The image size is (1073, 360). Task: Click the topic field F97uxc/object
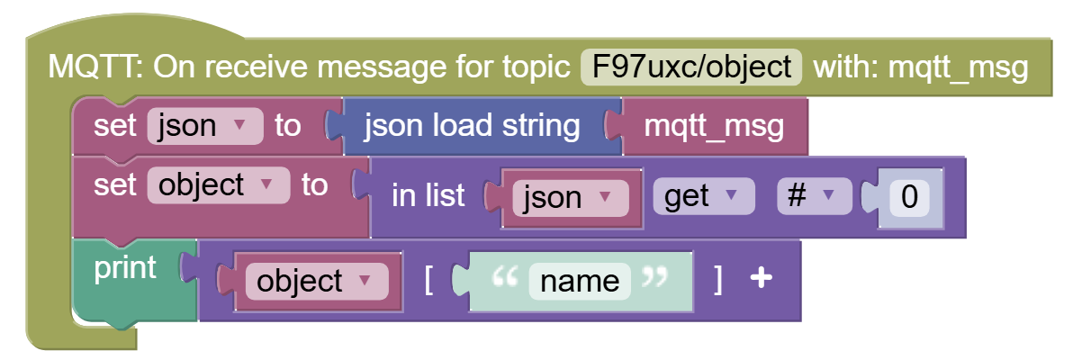point(691,67)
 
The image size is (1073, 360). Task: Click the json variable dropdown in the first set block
point(205,126)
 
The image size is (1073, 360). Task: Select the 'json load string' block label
point(473,126)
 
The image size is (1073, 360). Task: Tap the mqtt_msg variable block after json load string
point(715,127)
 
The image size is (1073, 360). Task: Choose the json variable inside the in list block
point(571,198)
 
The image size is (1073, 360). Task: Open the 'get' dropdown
point(704,196)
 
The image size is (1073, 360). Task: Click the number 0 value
point(909,197)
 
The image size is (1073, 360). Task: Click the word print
point(125,268)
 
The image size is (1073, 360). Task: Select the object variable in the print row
point(317,281)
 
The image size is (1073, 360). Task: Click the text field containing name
point(580,281)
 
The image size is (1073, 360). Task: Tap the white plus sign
point(761,277)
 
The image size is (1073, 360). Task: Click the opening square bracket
point(429,281)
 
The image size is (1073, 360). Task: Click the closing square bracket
point(717,281)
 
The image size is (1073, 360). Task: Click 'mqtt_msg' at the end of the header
point(958,68)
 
